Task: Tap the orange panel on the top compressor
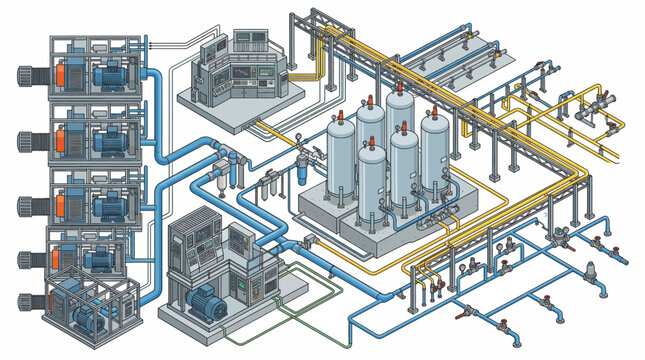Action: tap(63, 76)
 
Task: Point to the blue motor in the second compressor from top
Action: tap(107, 143)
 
